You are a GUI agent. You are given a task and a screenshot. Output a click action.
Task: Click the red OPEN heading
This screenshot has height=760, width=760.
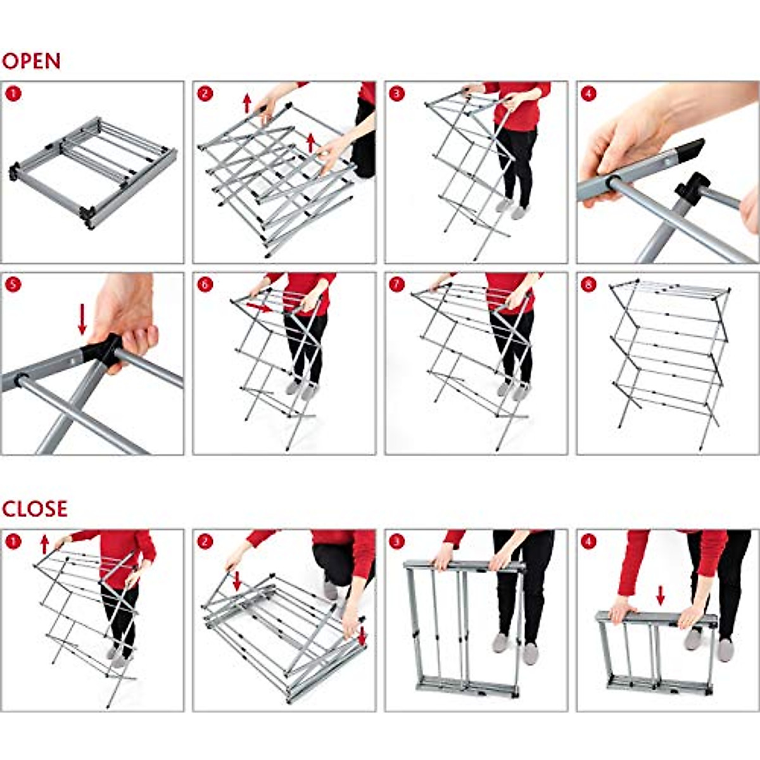point(32,61)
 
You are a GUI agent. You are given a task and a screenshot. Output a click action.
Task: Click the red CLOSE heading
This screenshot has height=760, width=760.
point(35,509)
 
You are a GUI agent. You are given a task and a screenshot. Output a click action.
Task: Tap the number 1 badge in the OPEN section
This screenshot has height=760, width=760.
point(13,94)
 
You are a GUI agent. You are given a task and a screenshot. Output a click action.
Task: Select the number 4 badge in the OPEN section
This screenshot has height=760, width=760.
point(588,94)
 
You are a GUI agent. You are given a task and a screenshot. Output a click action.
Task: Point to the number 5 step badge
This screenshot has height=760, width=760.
point(13,284)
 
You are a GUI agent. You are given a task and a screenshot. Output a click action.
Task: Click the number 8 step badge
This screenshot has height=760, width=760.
point(588,284)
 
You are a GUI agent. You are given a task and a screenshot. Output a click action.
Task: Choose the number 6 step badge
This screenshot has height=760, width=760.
point(205,284)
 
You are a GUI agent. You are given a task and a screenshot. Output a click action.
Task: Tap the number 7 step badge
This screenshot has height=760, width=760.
point(396,284)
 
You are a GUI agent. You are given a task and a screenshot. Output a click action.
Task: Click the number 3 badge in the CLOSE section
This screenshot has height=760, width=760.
point(396,541)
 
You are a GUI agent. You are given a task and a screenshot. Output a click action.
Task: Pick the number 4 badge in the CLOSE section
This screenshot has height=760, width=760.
point(588,541)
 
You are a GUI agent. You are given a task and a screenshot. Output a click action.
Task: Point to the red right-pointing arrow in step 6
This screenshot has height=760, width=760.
point(259,307)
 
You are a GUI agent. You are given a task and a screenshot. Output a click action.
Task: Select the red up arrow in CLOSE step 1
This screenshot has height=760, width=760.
point(44,545)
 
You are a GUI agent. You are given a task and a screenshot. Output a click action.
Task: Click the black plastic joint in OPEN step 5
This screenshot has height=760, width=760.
point(103,350)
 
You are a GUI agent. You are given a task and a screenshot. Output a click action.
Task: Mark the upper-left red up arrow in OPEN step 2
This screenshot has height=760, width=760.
point(247,103)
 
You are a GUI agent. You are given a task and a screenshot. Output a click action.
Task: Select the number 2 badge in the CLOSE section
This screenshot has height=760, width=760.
point(205,541)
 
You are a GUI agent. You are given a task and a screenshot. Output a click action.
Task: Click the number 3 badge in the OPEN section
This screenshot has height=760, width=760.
point(396,94)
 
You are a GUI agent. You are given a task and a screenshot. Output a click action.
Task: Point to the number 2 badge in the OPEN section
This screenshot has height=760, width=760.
point(205,94)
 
